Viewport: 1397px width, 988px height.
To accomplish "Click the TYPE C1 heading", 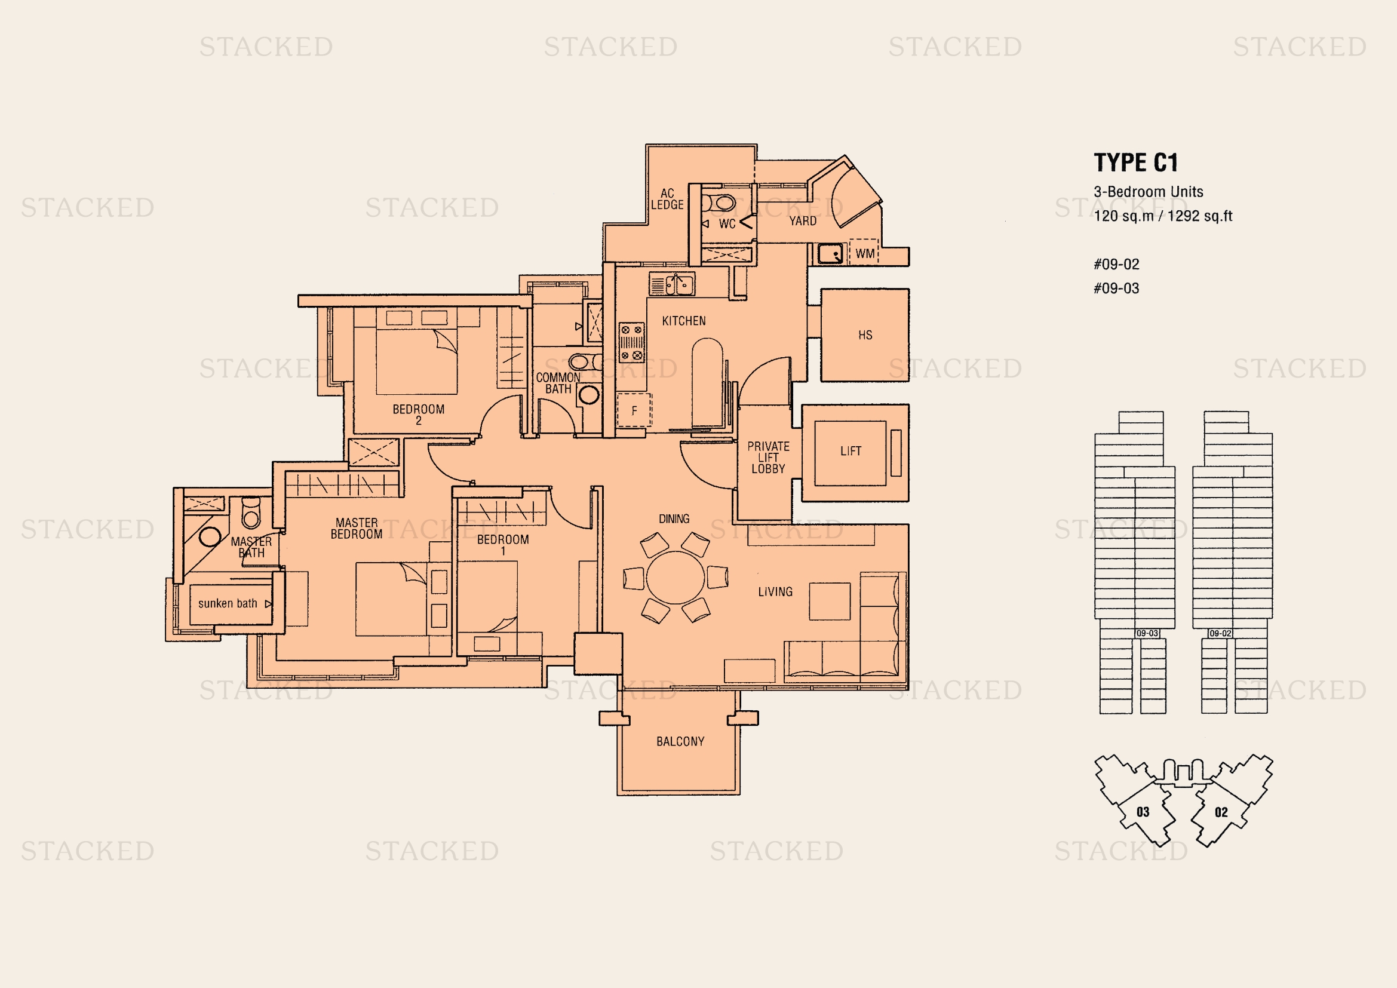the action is point(1136,162).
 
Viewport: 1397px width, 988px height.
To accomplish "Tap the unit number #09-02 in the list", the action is point(1116,264).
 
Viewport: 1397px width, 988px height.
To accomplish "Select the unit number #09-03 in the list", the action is point(1116,289).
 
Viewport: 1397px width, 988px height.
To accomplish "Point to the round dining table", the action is point(676,578).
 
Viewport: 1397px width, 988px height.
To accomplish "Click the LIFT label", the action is point(851,451).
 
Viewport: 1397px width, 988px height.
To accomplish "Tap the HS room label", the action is point(865,335).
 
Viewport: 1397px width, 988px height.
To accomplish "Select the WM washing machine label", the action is point(865,254).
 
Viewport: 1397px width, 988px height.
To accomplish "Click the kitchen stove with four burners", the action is point(631,342).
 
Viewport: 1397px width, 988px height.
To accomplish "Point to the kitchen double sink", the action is point(673,284).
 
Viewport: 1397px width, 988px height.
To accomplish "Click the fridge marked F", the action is point(634,410).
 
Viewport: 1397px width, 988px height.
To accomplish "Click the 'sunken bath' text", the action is point(228,603).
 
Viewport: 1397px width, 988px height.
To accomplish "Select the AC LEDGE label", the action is point(668,200).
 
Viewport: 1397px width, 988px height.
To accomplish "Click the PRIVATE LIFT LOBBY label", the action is point(769,458).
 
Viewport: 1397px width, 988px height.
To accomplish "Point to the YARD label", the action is point(803,221).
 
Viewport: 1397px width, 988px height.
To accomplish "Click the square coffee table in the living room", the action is point(830,602).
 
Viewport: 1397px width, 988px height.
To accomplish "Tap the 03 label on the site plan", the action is point(1143,812).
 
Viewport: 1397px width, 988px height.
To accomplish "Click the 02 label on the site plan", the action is point(1221,812).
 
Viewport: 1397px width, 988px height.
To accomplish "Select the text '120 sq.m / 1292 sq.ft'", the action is point(1163,216).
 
